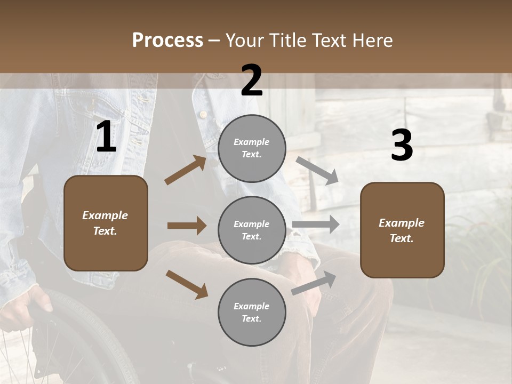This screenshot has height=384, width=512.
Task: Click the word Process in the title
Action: coord(167,40)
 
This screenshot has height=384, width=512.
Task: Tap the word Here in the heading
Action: coord(371,40)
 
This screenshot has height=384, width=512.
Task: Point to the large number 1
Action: coord(106,137)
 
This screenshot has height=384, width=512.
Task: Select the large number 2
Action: coord(252,81)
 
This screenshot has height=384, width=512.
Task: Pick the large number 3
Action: coord(402,146)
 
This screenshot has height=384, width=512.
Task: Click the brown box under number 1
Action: coord(106,223)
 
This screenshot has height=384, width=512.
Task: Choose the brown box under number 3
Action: coord(402,230)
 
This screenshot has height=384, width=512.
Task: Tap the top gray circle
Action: coord(252,148)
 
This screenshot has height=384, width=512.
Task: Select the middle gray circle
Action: coord(252,230)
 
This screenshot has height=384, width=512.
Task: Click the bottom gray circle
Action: coord(252,312)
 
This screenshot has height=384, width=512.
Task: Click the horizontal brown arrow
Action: coord(187,226)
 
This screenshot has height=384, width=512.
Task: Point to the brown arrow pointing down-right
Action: coord(187,284)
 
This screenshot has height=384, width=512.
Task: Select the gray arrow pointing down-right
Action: coord(317,170)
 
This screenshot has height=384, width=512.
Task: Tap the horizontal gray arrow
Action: coord(316,225)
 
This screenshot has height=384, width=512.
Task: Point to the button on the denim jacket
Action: coord(203,114)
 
